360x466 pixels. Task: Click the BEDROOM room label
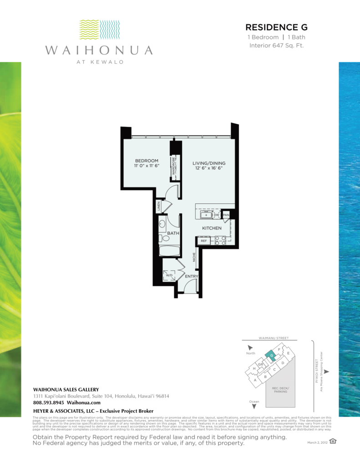[x=147, y=161]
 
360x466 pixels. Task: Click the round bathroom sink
[x=162, y=224]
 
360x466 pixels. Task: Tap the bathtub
[x=169, y=250]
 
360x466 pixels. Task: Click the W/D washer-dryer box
[x=168, y=275]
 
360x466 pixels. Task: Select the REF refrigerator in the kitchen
[x=204, y=241]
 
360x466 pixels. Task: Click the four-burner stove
[x=220, y=240]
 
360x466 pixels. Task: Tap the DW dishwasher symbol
[x=217, y=215]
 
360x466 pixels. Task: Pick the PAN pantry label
[x=225, y=215]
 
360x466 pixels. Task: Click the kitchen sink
[x=204, y=215]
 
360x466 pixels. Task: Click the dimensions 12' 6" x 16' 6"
[x=208, y=168]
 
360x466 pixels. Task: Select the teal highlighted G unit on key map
[x=271, y=355]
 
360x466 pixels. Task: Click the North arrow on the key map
[x=249, y=348]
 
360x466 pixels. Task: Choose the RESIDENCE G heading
[x=276, y=28]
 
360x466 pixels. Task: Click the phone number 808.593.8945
[x=49, y=403]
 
